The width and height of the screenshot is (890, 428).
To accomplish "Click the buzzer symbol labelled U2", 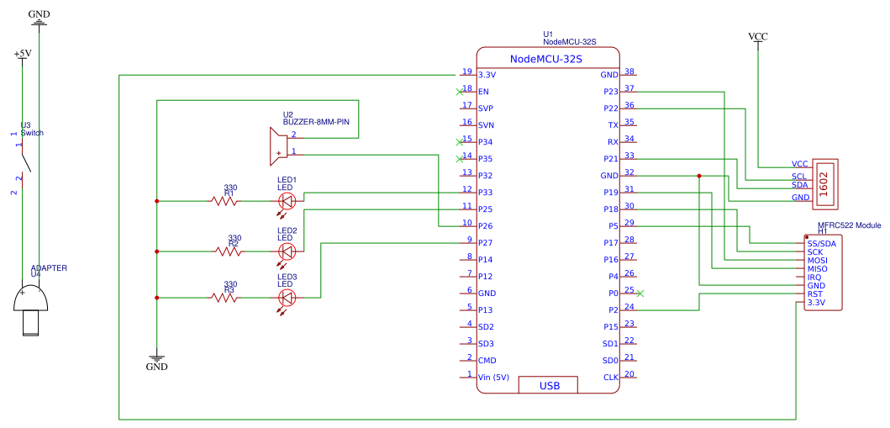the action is tap(278, 145).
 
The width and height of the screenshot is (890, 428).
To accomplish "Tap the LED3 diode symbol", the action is tap(287, 298).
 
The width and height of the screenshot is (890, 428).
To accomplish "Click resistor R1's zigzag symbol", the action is tap(224, 200).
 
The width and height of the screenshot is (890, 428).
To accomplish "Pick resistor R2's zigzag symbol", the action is tap(228, 251).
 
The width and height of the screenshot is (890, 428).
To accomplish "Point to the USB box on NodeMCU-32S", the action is tap(548, 385).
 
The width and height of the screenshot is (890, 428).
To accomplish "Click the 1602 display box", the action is tap(826, 182).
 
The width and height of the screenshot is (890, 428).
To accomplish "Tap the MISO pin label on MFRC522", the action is tap(818, 268).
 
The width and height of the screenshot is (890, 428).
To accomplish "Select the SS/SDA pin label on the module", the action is tap(821, 244).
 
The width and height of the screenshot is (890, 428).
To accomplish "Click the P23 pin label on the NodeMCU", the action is tap(610, 92).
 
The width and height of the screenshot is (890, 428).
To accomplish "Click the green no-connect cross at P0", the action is tap(640, 293).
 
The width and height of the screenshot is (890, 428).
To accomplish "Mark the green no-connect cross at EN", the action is tap(460, 92).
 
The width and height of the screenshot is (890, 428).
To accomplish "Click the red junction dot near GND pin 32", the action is tap(699, 176).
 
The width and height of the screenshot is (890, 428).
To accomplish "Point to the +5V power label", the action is tap(22, 53).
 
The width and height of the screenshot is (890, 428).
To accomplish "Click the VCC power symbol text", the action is tap(758, 37).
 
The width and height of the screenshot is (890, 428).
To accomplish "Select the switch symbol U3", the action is tap(24, 161).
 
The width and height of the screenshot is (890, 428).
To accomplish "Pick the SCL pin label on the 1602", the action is tap(799, 176).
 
